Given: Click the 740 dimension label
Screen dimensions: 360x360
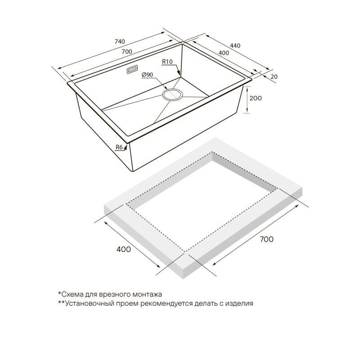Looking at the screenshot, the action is [x=120, y=41].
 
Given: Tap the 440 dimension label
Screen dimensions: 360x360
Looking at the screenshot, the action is [x=235, y=46].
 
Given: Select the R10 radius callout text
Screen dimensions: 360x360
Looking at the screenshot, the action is [x=167, y=62].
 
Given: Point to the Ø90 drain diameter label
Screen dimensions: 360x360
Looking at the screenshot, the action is [x=147, y=75].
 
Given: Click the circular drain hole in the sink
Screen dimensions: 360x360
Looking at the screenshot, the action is [x=173, y=94].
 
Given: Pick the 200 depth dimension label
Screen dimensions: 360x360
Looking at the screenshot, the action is [x=256, y=98].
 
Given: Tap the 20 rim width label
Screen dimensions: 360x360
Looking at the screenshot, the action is [x=274, y=76].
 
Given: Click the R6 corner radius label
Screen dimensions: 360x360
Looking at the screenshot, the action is [x=119, y=147].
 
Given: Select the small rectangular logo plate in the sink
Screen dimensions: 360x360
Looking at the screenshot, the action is [x=132, y=69].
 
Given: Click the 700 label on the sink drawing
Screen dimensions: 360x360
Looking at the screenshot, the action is [x=127, y=52].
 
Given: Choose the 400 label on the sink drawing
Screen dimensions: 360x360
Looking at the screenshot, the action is [x=224, y=53].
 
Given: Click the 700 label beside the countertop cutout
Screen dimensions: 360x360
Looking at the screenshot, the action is [x=266, y=239].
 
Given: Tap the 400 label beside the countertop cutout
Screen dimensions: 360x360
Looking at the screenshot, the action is [x=124, y=249].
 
